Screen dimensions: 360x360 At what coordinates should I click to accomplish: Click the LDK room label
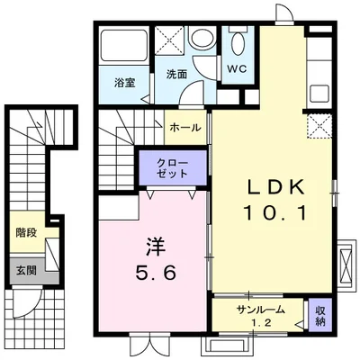point(276,187)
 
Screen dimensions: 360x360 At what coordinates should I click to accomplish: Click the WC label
point(237,69)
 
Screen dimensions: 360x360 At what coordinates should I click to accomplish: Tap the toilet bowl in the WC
point(238,43)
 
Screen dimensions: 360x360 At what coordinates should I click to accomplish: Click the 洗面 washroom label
point(175,75)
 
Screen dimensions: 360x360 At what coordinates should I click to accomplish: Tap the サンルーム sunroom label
point(261,310)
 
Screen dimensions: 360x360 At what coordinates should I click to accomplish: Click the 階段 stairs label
point(24,232)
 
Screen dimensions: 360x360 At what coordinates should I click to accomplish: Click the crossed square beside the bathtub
point(168,40)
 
